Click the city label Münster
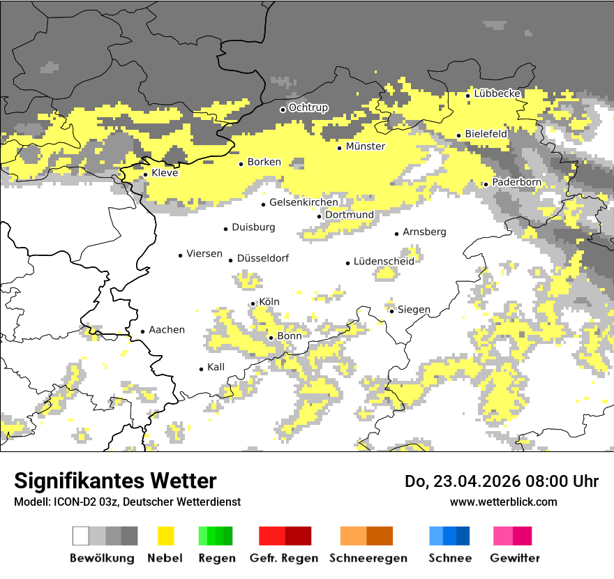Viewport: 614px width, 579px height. [x=365, y=146]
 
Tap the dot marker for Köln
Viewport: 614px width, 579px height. [x=253, y=303]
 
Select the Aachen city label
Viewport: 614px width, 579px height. [x=167, y=330]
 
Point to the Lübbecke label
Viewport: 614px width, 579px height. [x=497, y=93]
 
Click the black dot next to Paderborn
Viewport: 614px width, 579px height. [x=486, y=184]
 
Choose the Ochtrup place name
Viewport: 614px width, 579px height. [x=308, y=107]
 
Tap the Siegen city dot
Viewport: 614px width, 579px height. [x=391, y=311]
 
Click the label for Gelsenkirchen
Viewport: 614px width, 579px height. [x=304, y=202]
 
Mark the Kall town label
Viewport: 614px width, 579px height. [x=216, y=367]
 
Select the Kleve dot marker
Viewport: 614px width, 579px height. [x=145, y=174]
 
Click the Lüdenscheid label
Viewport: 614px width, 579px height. [x=384, y=261]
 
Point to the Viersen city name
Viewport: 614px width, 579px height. [x=204, y=254]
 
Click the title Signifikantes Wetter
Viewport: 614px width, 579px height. [x=115, y=481]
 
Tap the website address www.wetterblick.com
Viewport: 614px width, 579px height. [x=503, y=502]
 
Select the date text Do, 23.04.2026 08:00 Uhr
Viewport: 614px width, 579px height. [x=502, y=481]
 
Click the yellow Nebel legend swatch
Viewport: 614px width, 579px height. [x=166, y=536]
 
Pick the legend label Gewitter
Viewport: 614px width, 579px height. [x=514, y=558]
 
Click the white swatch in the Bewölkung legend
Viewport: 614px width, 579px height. [x=81, y=536]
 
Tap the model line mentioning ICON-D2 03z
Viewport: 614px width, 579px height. [x=127, y=502]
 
